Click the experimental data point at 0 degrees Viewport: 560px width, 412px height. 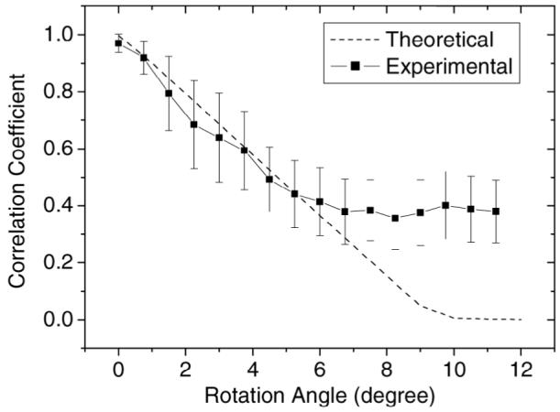tap(119, 43)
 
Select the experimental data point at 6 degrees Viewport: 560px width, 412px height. tap(320, 201)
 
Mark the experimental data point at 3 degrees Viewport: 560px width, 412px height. tap(219, 137)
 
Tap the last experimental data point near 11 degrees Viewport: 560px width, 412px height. tap(496, 211)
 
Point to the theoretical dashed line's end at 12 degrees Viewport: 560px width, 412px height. tap(521, 320)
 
